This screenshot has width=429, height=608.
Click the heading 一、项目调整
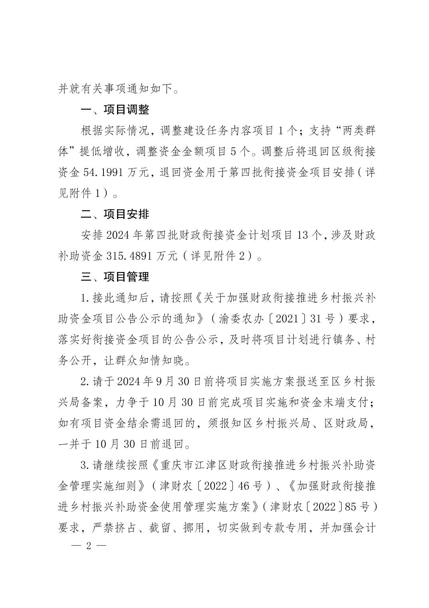click(x=115, y=109)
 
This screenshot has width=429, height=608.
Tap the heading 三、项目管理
click(x=115, y=277)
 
